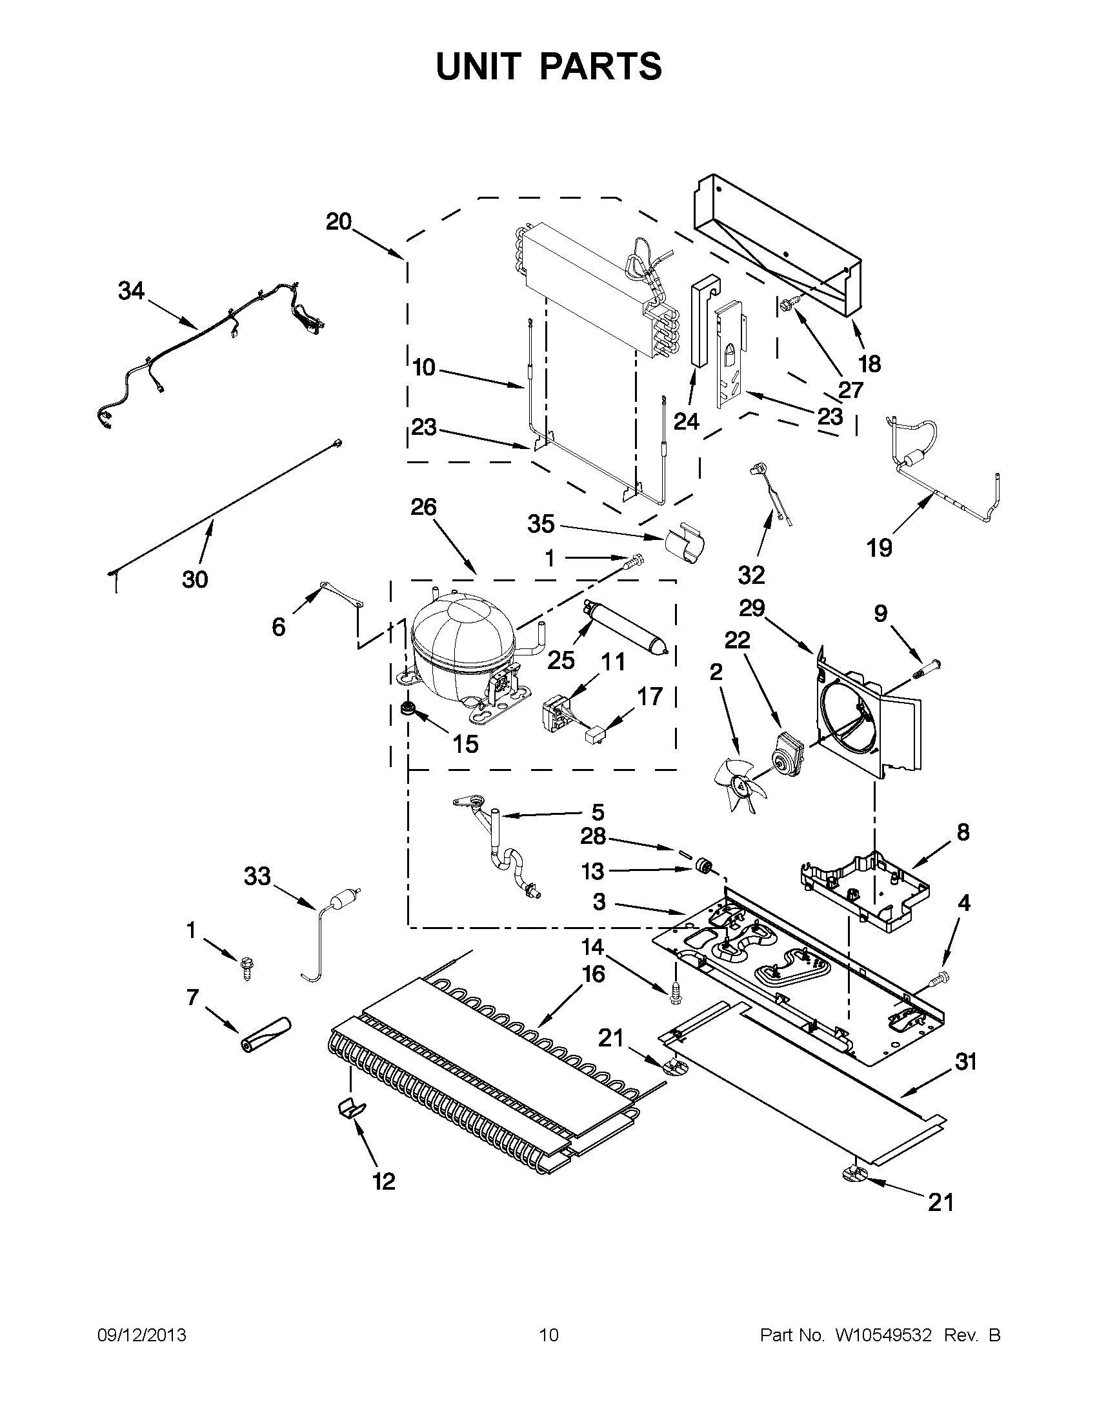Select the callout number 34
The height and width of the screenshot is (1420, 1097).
tap(131, 290)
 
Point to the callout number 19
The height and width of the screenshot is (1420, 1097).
tap(879, 548)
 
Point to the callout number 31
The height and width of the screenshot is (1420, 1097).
tap(966, 1063)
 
